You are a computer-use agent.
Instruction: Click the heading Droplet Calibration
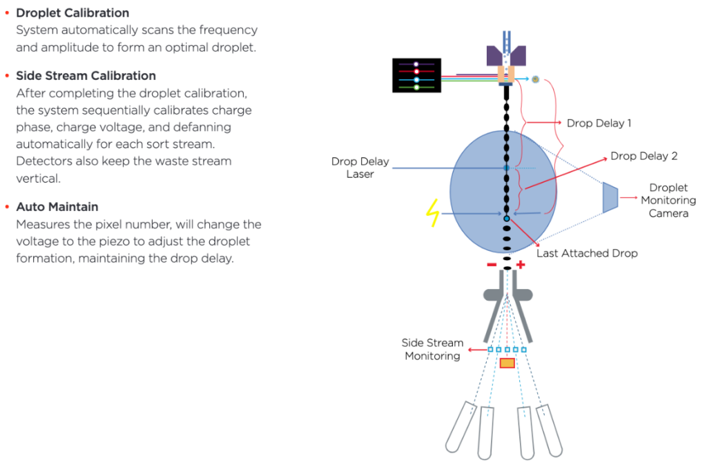(72, 13)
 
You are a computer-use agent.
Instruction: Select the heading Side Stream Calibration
(86, 76)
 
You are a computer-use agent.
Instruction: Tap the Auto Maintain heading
(57, 207)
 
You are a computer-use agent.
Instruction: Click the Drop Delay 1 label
(599, 123)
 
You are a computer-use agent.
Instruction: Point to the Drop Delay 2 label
(643, 157)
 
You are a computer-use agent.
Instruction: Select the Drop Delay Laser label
(360, 168)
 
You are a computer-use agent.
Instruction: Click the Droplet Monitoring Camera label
(668, 201)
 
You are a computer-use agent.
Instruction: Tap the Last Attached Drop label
(587, 253)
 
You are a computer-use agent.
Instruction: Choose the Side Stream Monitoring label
(432, 350)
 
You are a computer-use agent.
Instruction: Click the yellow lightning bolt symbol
(433, 214)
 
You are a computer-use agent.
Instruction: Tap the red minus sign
(491, 265)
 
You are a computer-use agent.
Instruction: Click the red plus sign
(521, 265)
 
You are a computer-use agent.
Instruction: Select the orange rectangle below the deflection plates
(507, 363)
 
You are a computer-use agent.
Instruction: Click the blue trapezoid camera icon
(610, 198)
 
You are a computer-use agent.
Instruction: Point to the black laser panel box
(416, 75)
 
